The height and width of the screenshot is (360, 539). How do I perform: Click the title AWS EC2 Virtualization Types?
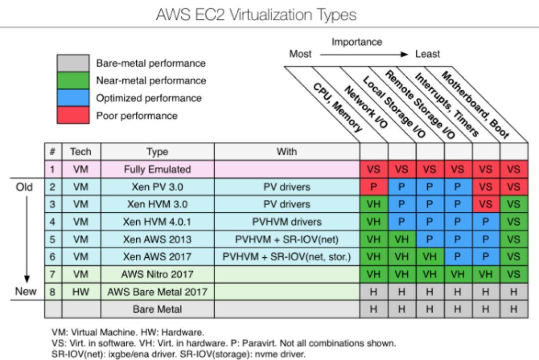click(256, 14)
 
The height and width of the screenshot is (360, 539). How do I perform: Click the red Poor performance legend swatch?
click(73, 116)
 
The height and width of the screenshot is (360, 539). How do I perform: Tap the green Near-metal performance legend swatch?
click(73, 81)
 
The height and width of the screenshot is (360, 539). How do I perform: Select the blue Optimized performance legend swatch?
click(73, 98)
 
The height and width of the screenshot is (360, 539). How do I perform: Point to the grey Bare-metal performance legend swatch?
click(73, 63)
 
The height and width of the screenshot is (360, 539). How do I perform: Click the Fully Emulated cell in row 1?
click(157, 170)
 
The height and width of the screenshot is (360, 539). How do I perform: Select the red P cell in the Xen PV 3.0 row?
click(374, 187)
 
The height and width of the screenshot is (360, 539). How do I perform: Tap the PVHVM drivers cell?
click(286, 221)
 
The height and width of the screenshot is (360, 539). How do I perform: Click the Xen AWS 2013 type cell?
click(157, 239)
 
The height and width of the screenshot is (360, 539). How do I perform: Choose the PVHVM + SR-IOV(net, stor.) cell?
click(286, 257)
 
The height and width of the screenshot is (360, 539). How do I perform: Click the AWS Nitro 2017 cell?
click(157, 274)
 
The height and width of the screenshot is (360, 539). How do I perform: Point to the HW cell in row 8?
click(80, 292)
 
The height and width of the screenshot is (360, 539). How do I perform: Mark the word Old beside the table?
click(24, 187)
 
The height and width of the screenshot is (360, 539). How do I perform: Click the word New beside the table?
click(25, 292)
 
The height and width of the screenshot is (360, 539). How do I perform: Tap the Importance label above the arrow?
click(357, 42)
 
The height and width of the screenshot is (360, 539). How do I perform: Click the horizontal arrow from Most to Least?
click(365, 54)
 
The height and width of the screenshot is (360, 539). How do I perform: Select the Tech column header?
click(80, 152)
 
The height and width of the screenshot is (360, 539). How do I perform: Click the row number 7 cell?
click(52, 274)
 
